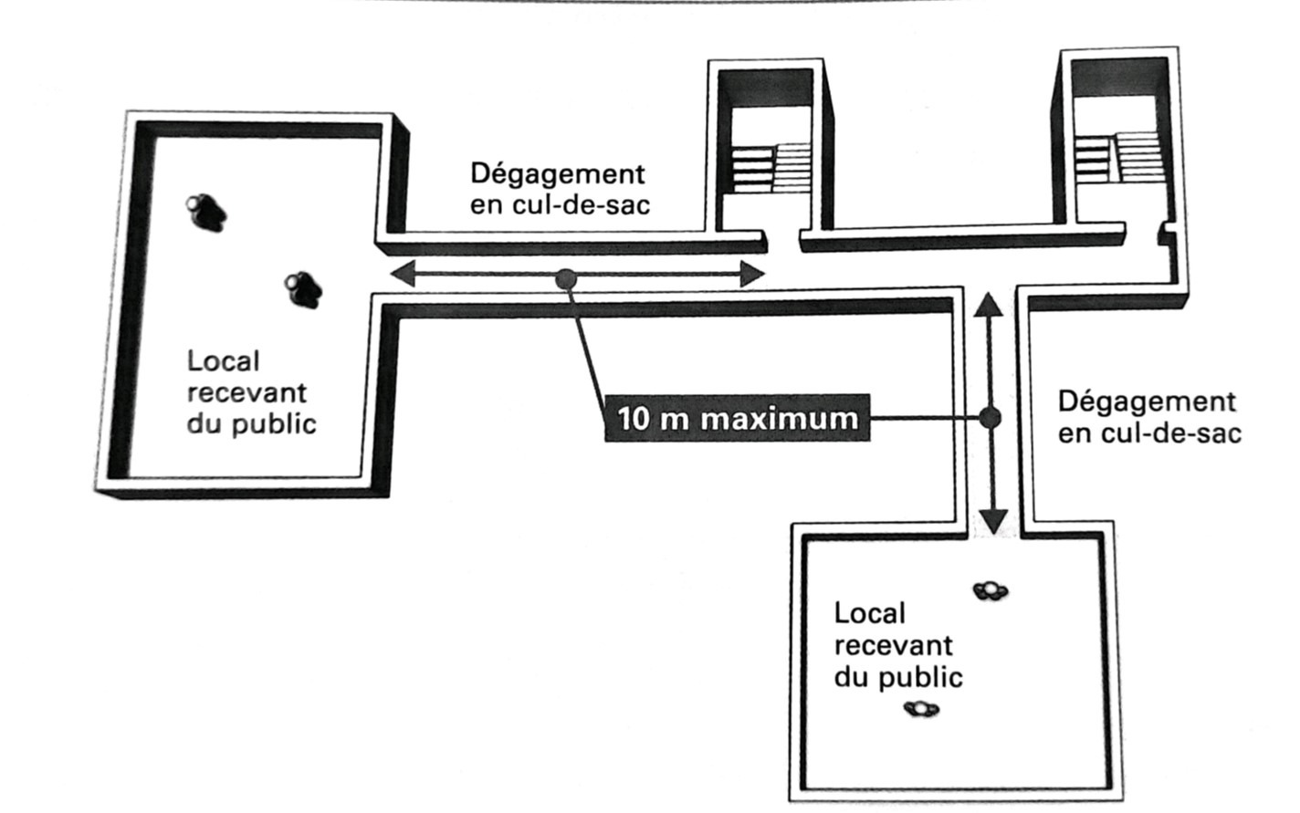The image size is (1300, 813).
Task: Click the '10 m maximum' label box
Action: click(x=737, y=419)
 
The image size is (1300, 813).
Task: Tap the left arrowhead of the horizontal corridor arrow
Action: click(x=402, y=273)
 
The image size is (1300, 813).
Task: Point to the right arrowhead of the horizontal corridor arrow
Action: click(x=751, y=274)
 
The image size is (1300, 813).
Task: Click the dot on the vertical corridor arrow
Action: click(x=990, y=418)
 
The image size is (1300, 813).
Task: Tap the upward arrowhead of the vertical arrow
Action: click(x=989, y=305)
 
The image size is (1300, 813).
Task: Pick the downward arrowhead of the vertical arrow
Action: click(x=992, y=521)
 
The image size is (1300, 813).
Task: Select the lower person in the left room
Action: click(x=302, y=289)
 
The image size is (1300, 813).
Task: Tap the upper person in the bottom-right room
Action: click(x=990, y=591)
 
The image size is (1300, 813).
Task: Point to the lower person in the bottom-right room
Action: click(x=920, y=708)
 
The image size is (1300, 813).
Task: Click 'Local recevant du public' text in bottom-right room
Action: click(x=896, y=645)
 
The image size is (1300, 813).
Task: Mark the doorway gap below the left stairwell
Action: click(x=781, y=242)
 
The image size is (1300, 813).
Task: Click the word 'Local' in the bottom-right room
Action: click(x=869, y=613)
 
